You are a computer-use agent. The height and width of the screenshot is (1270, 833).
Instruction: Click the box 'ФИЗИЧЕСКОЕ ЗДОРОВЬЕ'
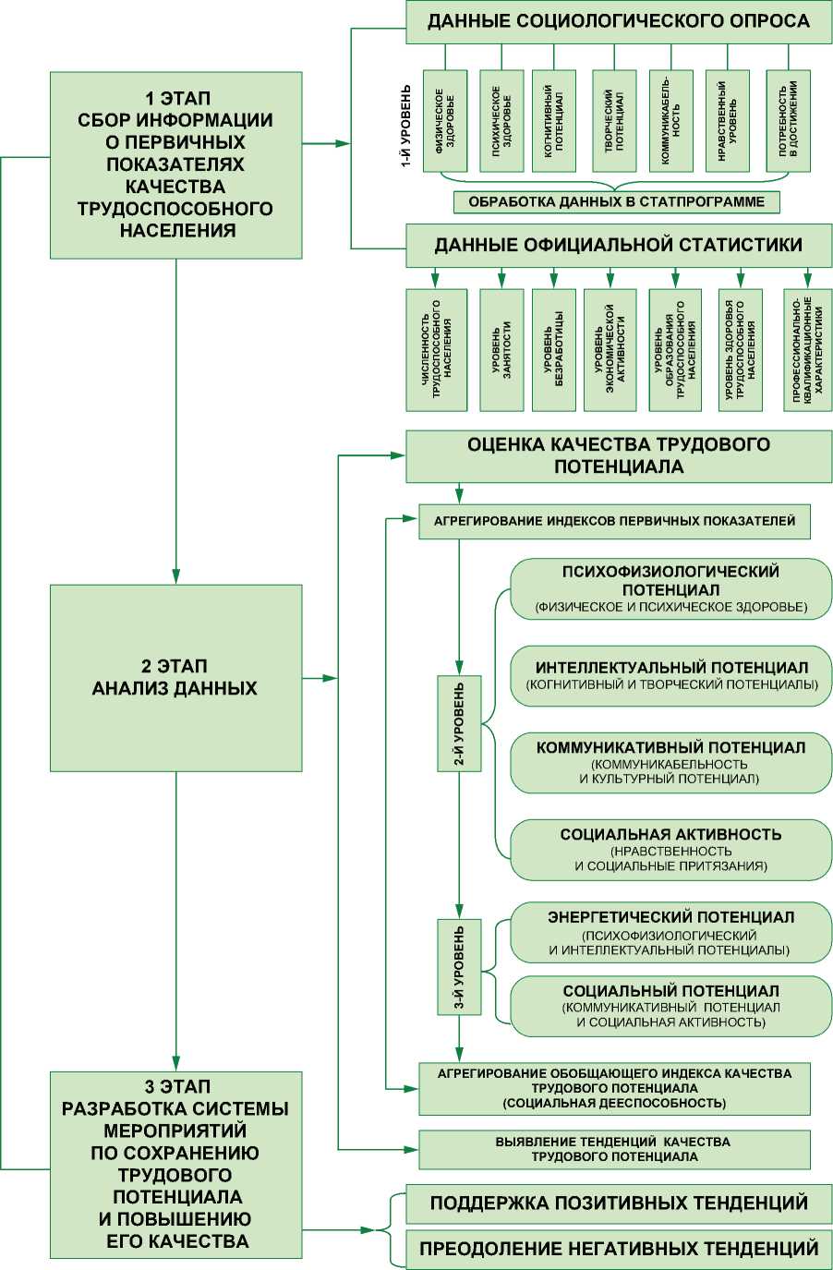pos(445,121)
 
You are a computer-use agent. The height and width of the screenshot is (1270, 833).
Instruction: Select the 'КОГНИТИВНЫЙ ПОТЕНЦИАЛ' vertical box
pos(554,121)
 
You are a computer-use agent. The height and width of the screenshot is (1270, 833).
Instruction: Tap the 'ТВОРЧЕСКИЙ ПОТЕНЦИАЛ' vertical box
pos(614,121)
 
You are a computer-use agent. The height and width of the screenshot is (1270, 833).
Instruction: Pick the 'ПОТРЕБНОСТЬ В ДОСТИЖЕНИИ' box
pos(788,121)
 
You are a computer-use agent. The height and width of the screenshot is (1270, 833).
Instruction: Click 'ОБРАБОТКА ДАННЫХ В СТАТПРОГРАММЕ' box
pos(616,201)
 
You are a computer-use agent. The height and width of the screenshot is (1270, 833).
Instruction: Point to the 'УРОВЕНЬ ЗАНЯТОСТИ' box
pos(501,350)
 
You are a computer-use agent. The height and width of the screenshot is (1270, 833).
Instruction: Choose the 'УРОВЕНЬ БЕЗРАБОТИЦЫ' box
pos(554,350)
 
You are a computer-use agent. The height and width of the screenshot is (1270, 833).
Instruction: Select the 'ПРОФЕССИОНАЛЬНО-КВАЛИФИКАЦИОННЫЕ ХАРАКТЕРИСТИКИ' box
pos(807,350)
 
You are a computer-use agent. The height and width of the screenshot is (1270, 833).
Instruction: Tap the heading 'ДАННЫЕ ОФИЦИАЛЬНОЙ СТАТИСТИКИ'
pos(618,246)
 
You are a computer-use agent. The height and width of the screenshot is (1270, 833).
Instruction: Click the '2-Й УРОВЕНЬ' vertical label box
pos(459,723)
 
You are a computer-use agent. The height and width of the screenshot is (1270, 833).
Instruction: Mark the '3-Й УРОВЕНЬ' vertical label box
pos(459,967)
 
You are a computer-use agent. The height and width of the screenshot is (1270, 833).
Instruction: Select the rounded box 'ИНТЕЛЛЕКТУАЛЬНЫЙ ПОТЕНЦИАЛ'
pos(671,675)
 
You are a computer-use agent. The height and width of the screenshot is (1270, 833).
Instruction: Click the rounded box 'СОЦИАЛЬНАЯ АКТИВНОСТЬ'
pos(671,849)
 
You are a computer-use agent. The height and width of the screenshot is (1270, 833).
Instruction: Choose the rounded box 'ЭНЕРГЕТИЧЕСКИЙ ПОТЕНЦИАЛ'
pos(671,932)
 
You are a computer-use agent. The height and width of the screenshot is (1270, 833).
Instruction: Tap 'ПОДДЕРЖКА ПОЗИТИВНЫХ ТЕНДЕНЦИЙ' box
pos(618,1203)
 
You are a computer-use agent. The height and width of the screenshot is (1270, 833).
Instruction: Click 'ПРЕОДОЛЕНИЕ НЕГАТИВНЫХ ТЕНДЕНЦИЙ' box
pos(618,1249)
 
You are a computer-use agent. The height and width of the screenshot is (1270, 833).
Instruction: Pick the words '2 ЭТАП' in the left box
pos(175,666)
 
